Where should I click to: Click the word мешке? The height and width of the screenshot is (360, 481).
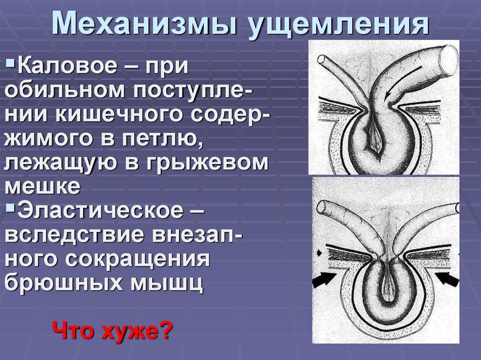(x=42, y=186)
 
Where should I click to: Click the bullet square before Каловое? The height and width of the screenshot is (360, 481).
(x=11, y=61)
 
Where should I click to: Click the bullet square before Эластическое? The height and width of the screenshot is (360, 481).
(x=11, y=207)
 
